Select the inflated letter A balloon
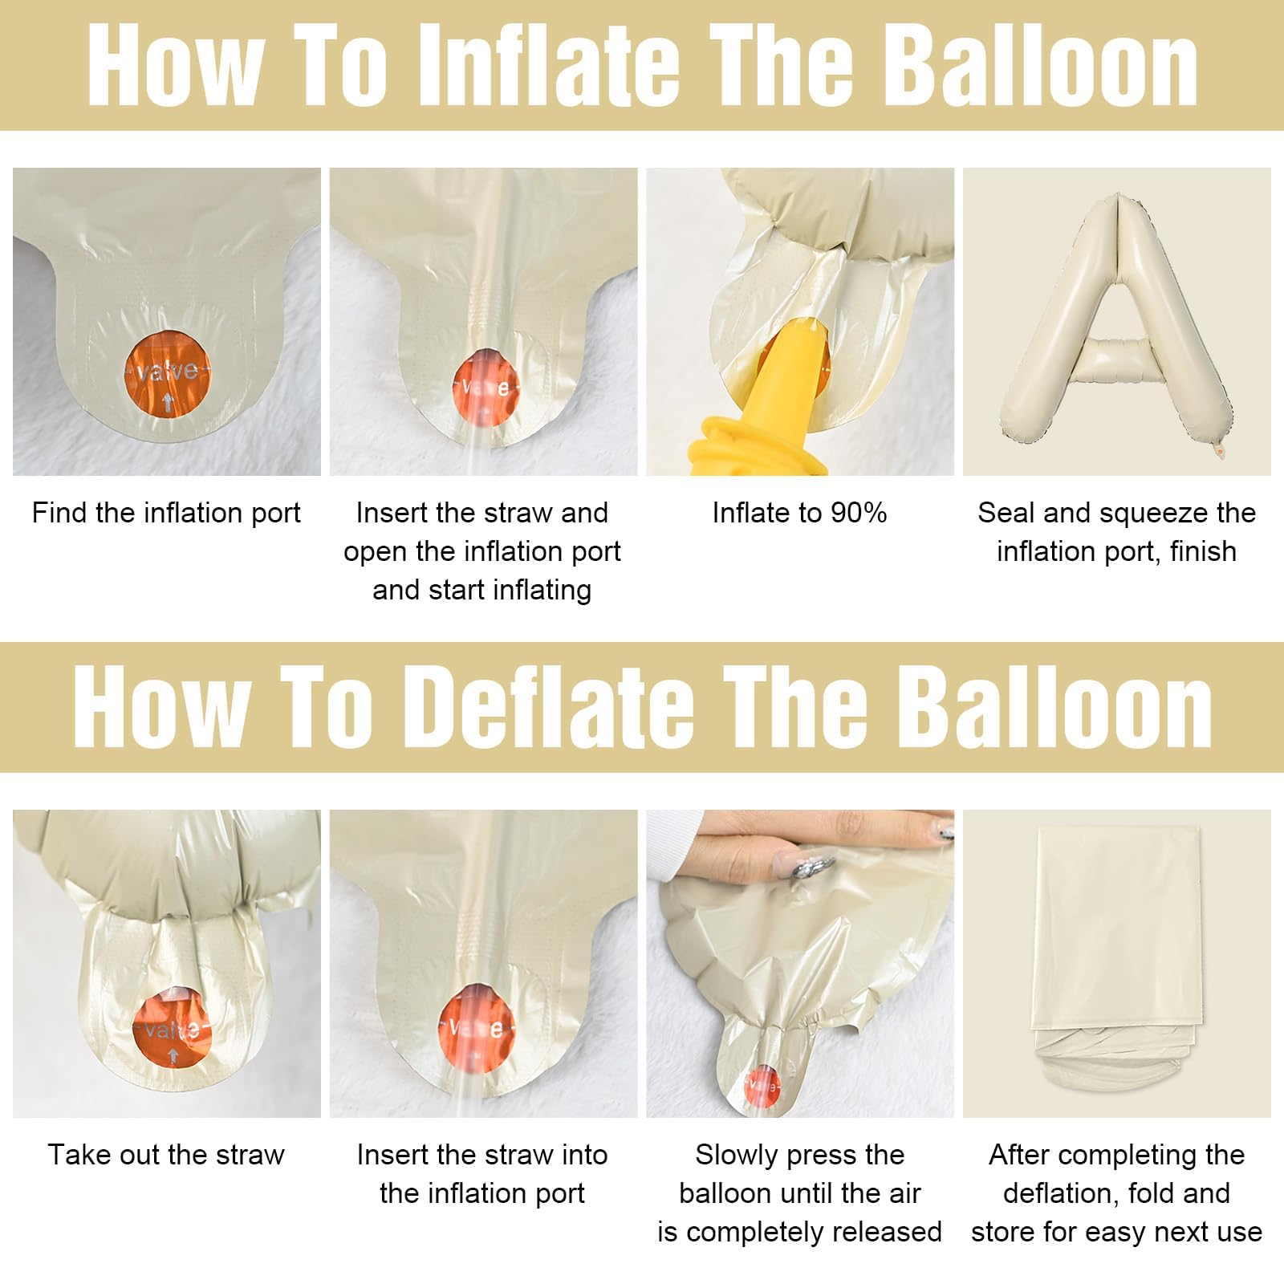(1116, 321)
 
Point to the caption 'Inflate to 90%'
(799, 513)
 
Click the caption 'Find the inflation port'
(166, 513)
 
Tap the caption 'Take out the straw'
(166, 1155)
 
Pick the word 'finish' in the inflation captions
(1203, 551)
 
